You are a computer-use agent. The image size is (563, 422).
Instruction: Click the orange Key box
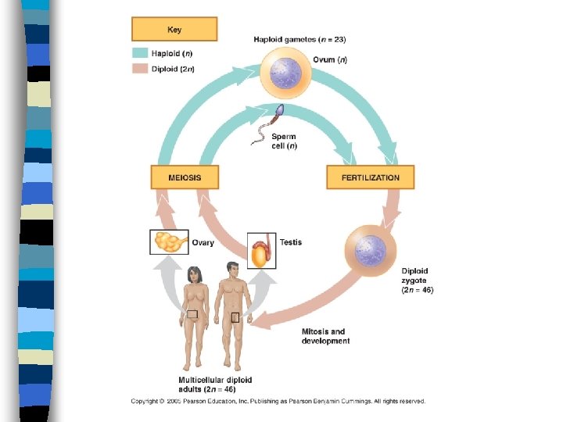[174, 30]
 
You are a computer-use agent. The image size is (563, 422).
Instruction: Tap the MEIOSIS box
[185, 177]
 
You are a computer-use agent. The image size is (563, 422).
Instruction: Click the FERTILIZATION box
[370, 177]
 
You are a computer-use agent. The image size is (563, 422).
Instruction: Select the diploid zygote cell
[369, 251]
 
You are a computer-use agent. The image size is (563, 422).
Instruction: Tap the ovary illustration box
[168, 242]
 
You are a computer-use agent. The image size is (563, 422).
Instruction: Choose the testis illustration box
[261, 250]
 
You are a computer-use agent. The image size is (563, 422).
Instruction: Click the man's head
[232, 270]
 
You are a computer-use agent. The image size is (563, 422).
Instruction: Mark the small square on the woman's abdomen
[192, 314]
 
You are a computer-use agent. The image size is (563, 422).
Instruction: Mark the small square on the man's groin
[235, 317]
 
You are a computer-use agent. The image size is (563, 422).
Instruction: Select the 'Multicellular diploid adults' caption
[207, 384]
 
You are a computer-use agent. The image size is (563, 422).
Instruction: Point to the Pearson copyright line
[278, 401]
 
